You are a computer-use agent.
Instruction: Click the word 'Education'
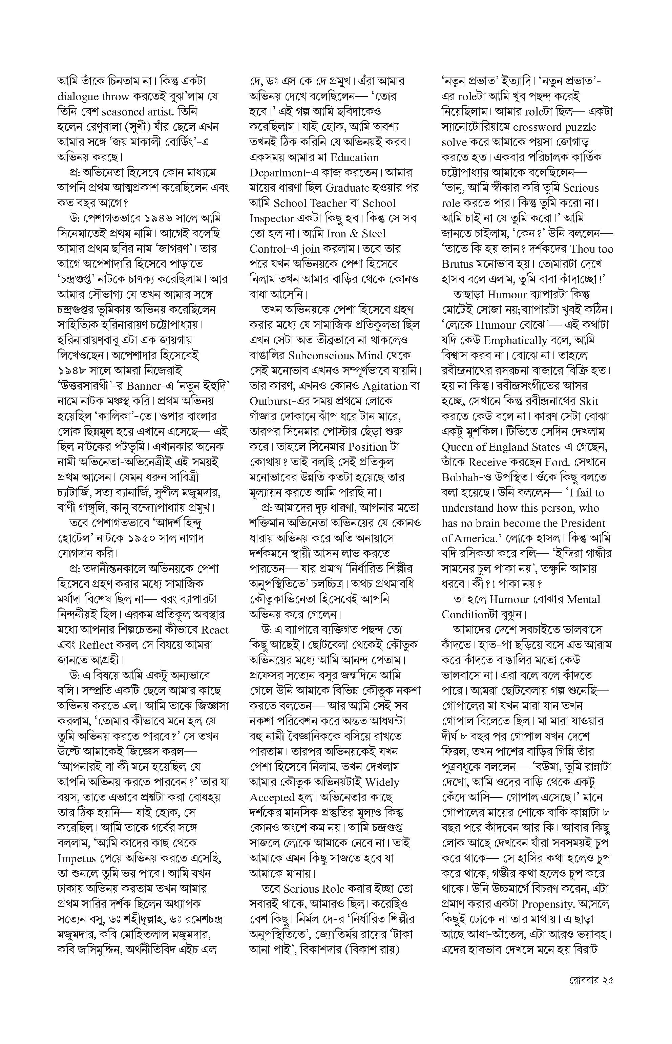tap(355, 157)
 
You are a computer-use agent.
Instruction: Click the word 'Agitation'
tap(385, 386)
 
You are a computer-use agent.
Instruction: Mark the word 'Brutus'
tap(457, 264)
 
